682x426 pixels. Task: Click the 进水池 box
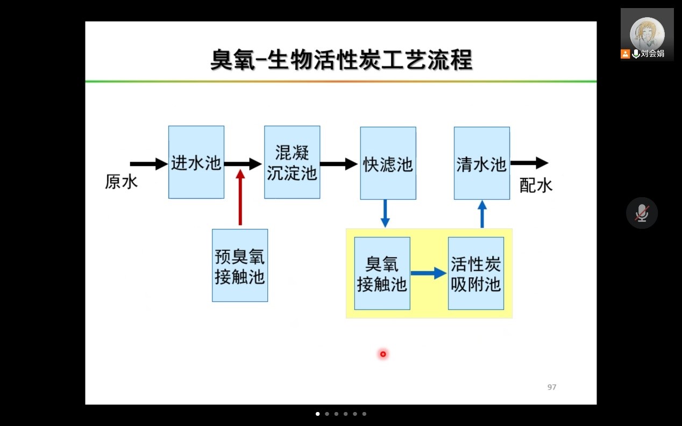[x=196, y=162]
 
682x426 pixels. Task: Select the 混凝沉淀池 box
[x=292, y=162]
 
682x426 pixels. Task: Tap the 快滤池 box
[x=388, y=163]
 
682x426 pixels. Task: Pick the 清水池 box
[x=481, y=163]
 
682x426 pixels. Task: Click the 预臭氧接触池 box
[x=240, y=265]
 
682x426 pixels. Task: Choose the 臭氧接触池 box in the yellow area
[x=382, y=273]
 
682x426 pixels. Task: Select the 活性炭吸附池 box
[x=476, y=273]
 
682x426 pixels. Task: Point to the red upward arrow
[x=240, y=197]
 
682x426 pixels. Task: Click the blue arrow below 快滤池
[x=385, y=213]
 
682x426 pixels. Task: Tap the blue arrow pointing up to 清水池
[x=482, y=214]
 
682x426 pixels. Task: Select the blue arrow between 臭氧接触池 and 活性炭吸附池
[x=429, y=273]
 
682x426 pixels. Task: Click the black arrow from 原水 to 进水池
[x=148, y=164]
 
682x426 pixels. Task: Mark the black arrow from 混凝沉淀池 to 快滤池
[x=339, y=164]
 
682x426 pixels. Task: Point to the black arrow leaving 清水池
[x=529, y=163]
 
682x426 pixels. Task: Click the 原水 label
[x=121, y=182]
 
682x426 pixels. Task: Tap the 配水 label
[x=536, y=185]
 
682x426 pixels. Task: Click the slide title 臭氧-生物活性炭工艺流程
[x=341, y=60]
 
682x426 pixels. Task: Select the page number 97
[x=552, y=387]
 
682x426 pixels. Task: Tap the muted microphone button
[x=642, y=213]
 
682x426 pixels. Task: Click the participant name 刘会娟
[x=652, y=54]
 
